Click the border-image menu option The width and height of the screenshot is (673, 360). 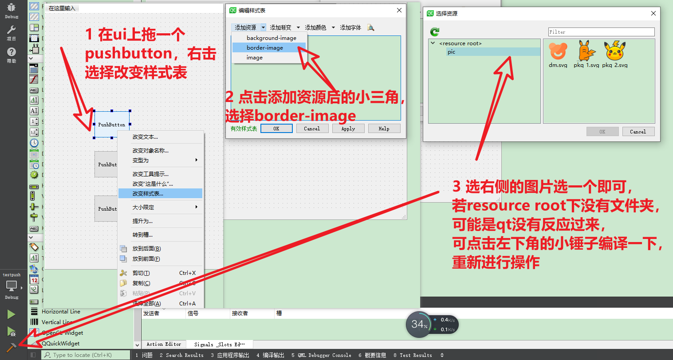(265, 48)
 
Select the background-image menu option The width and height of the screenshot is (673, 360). (271, 38)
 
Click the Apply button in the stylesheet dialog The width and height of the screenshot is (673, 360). (348, 129)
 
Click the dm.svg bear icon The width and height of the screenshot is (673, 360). (558, 52)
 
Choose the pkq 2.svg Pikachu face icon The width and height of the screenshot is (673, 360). (615, 51)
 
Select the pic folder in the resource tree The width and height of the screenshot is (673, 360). (451, 52)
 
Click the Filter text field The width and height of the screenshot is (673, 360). (601, 32)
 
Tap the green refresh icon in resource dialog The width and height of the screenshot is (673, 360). (435, 32)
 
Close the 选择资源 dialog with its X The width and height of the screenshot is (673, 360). (653, 13)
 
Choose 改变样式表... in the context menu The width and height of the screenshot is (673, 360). (148, 194)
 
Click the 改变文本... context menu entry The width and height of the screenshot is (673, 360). (145, 137)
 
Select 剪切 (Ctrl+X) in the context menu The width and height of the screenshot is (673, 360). (142, 273)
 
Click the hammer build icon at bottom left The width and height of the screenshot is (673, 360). (11, 347)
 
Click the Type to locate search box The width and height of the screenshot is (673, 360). (87, 355)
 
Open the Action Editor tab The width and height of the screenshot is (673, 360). (164, 344)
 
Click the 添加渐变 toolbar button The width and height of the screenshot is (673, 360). (281, 27)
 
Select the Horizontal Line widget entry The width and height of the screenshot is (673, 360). (61, 312)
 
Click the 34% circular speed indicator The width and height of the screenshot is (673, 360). (419, 325)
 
